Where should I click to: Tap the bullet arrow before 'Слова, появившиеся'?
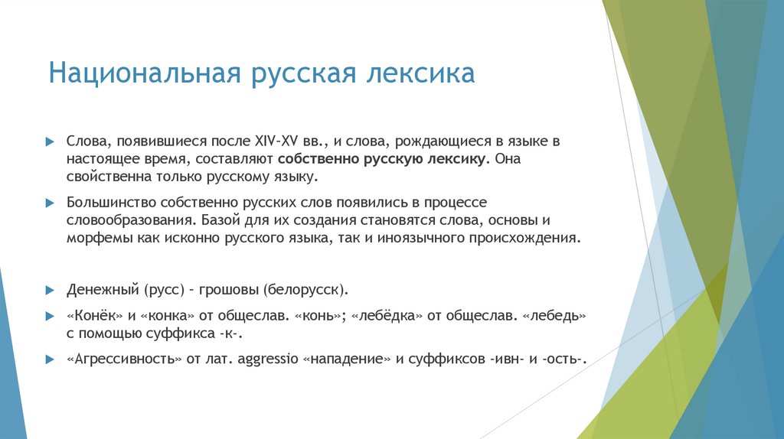[49, 142]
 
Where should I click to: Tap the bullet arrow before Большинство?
[49, 203]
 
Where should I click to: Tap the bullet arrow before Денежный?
[49, 291]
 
